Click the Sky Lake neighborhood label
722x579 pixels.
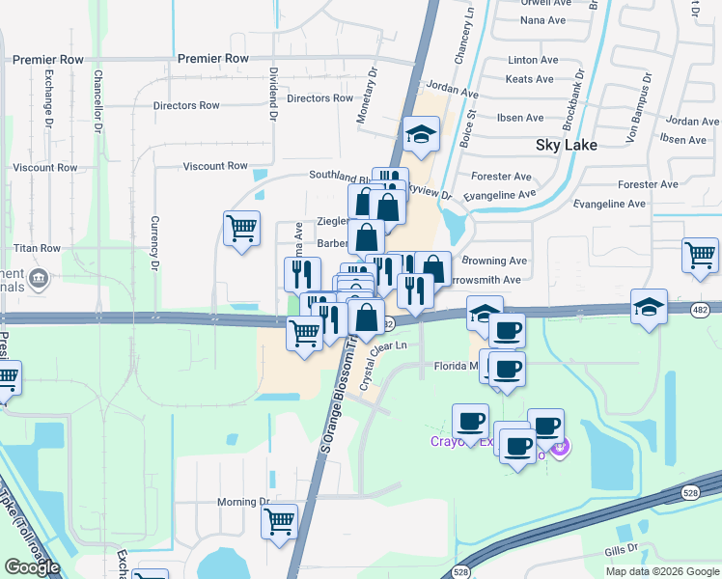[567, 145]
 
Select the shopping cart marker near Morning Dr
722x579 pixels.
[279, 522]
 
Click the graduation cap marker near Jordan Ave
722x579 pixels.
[422, 134]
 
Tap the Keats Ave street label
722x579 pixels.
[530, 79]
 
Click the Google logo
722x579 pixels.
[32, 567]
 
